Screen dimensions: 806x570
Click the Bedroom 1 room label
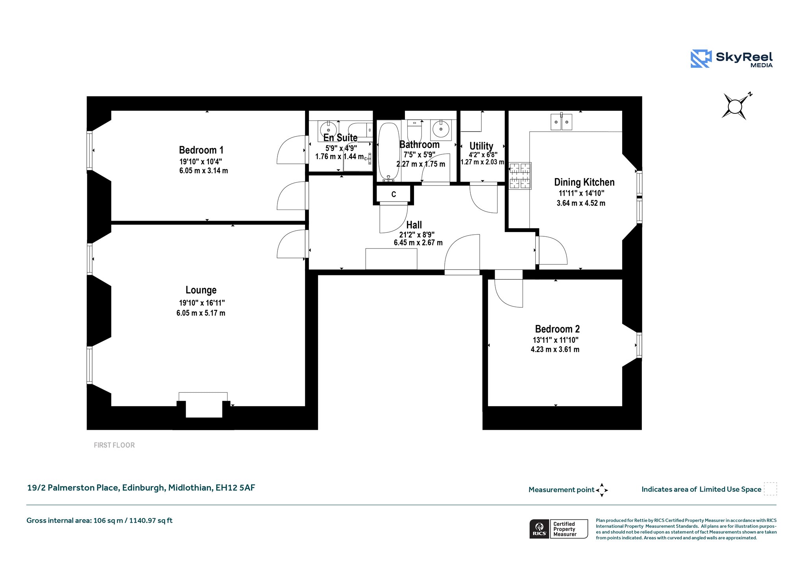(x=201, y=150)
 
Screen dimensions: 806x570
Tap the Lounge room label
(x=201, y=290)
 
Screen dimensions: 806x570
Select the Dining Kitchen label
(x=584, y=182)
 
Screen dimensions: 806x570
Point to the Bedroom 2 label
(x=557, y=329)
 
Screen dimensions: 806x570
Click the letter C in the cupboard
(x=394, y=194)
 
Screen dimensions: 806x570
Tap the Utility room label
(x=481, y=146)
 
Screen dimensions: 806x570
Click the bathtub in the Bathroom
(x=388, y=152)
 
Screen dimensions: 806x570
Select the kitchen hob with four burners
(x=520, y=176)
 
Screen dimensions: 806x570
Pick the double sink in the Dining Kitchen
(x=561, y=122)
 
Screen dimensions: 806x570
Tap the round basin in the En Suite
(x=328, y=130)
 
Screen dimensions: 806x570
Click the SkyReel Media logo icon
(x=701, y=59)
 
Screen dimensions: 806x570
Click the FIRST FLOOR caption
(x=114, y=445)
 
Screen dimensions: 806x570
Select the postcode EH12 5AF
(x=235, y=488)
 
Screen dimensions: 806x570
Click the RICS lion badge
(x=539, y=529)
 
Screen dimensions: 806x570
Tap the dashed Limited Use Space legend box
(x=770, y=489)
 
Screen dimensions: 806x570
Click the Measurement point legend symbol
(x=602, y=490)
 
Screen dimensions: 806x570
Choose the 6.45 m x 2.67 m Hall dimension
(x=418, y=243)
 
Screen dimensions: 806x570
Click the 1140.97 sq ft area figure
(x=151, y=520)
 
